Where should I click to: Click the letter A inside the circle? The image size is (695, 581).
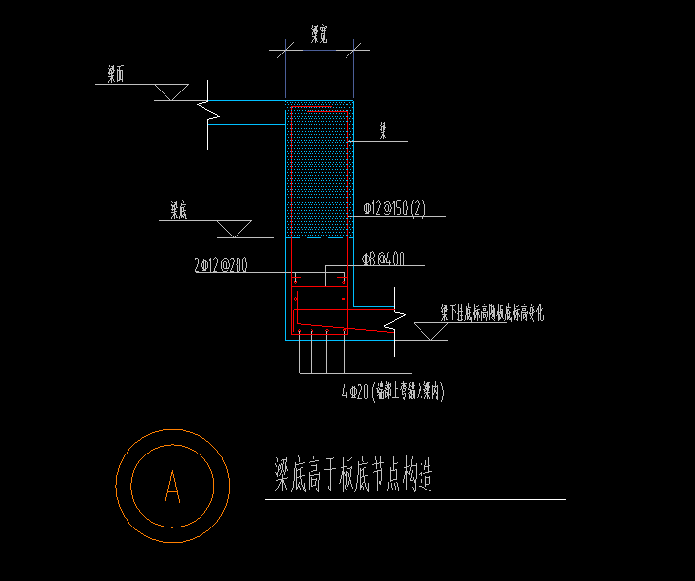tap(173, 486)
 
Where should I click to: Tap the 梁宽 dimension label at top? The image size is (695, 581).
tap(318, 35)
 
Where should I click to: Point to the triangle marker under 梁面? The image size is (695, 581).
tap(171, 91)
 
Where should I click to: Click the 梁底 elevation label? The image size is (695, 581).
tap(178, 209)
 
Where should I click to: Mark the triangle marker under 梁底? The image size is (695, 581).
tap(233, 228)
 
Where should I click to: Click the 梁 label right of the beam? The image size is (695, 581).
tap(384, 130)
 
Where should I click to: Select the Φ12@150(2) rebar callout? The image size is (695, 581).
tap(394, 208)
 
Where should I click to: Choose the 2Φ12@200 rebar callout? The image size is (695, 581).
tap(221, 264)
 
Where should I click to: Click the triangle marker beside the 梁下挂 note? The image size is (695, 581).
tap(428, 330)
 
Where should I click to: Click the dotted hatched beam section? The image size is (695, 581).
tap(318, 170)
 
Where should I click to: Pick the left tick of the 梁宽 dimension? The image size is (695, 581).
tap(284, 46)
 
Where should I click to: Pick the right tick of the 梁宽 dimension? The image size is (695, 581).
tap(353, 46)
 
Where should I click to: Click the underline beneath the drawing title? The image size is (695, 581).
tap(415, 500)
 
